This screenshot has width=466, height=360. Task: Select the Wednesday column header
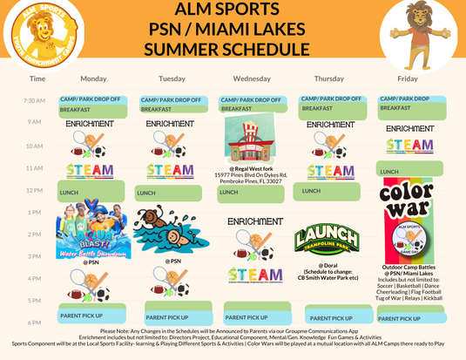coord(251,78)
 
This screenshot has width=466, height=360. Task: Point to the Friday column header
coord(408,78)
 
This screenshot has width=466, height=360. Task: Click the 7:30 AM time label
coord(35,100)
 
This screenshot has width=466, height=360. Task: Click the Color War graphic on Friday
coord(408,209)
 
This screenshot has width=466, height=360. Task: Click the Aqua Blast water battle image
coord(89,231)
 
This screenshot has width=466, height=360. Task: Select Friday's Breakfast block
coord(408,108)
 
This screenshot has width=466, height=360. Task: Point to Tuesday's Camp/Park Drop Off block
coord(171,100)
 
